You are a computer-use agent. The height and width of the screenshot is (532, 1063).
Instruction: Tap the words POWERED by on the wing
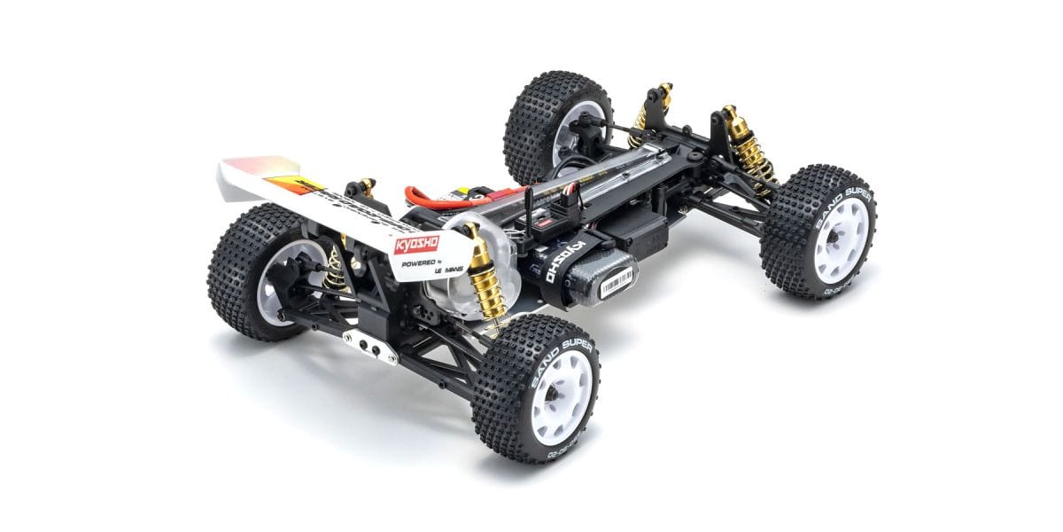[415, 263]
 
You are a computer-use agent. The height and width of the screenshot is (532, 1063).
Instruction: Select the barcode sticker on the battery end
[617, 281]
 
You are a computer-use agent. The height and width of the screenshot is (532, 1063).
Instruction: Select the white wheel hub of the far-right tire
[842, 240]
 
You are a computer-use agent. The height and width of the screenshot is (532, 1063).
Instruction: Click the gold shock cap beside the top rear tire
[661, 93]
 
